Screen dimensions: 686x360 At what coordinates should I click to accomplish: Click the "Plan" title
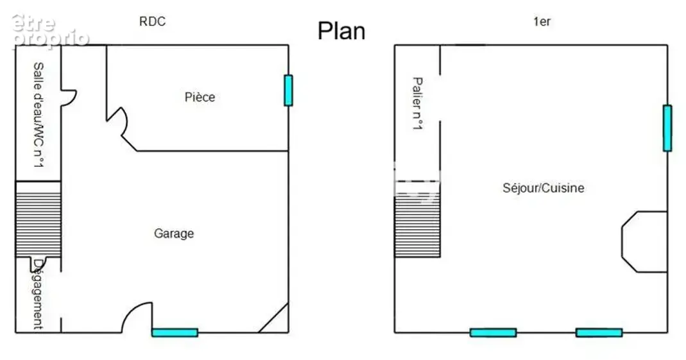click(x=341, y=31)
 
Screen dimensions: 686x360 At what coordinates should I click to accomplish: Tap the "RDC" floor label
click(x=152, y=21)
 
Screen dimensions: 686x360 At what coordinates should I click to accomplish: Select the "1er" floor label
click(x=542, y=21)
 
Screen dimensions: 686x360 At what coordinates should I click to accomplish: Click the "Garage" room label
click(x=174, y=234)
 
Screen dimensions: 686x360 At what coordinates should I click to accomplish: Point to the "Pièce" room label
click(x=200, y=97)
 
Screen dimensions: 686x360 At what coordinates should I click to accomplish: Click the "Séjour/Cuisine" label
click(x=544, y=188)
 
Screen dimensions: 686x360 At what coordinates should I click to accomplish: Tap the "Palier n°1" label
click(x=417, y=103)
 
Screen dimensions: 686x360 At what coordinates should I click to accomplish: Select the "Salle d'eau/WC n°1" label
click(x=39, y=115)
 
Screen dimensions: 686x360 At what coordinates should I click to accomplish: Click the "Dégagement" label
click(x=39, y=294)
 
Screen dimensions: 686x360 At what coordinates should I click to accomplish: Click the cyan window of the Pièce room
click(x=288, y=90)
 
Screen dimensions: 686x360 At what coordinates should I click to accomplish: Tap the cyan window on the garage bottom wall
click(x=175, y=333)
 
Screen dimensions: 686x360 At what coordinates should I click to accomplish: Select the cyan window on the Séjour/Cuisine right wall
click(x=667, y=128)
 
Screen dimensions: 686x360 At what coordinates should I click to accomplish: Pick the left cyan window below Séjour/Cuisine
click(x=493, y=333)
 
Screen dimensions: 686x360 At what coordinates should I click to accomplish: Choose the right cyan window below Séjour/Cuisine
click(x=599, y=333)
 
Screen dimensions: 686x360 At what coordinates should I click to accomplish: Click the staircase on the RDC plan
click(x=38, y=219)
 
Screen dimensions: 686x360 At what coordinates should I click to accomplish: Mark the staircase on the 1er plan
click(x=417, y=219)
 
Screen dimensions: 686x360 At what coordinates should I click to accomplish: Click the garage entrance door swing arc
click(x=130, y=311)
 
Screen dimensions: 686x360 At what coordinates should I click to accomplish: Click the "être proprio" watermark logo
click(x=50, y=30)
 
